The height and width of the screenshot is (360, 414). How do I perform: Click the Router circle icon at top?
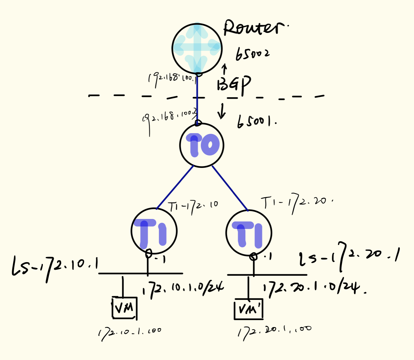coord(197,48)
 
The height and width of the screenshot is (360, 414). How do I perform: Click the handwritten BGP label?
coord(234,84)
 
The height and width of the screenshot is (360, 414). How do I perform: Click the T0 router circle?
coord(202,145)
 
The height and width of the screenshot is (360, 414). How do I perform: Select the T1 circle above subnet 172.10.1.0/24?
coord(154,231)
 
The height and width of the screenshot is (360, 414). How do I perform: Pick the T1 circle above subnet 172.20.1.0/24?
coord(249,233)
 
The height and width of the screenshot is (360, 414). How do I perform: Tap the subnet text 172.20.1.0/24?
coord(314,288)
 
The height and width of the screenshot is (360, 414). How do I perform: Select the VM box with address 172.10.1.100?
coord(124,308)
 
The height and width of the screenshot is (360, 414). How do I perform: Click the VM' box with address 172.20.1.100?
coord(249,309)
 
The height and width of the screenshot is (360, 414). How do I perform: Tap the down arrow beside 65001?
coord(222,111)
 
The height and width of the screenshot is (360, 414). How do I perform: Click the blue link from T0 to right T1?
coord(230,188)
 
